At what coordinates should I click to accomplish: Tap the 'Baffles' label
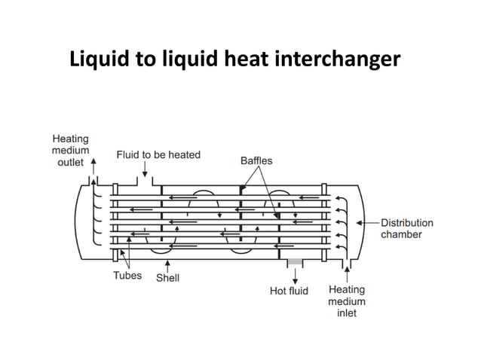pyautogui.click(x=256, y=160)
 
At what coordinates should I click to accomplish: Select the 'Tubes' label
pyautogui.click(x=127, y=276)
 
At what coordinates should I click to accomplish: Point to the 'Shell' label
pyautogui.click(x=167, y=278)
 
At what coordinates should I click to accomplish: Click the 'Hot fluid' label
pyautogui.click(x=289, y=291)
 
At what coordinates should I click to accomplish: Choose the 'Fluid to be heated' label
pyautogui.click(x=158, y=154)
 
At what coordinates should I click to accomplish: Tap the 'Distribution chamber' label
pyautogui.click(x=406, y=228)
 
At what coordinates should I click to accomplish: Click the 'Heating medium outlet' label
pyautogui.click(x=70, y=150)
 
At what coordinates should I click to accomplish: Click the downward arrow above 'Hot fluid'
pyautogui.click(x=295, y=274)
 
